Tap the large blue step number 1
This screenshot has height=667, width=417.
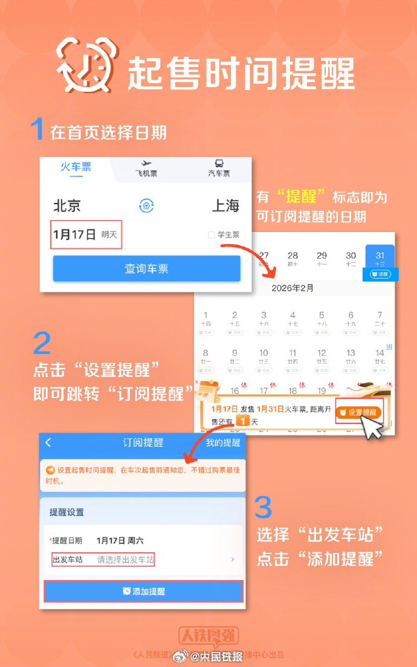[37, 129]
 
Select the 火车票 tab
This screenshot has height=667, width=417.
[76, 167]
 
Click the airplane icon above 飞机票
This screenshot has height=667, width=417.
[145, 163]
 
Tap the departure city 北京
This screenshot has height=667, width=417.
[67, 205]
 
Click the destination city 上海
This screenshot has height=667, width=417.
[225, 205]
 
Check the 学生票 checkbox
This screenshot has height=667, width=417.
[212, 235]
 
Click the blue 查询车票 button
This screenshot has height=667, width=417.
[146, 269]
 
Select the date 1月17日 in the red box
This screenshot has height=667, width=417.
[74, 234]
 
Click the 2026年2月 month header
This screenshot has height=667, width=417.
[293, 288]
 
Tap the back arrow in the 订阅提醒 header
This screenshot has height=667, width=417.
[48, 443]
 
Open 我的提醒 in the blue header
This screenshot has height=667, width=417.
[223, 443]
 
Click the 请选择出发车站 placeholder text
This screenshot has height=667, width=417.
[126, 560]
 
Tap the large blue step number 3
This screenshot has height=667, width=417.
[263, 507]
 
